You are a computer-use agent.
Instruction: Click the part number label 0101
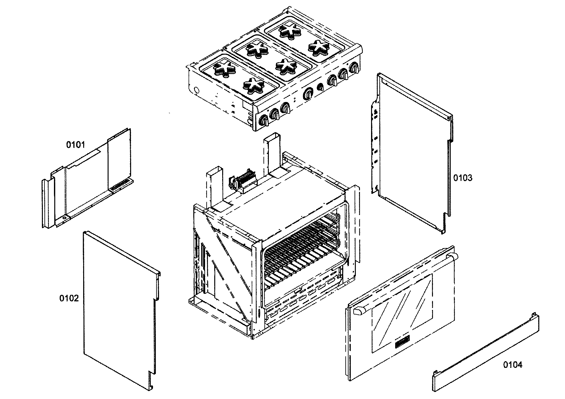[76, 145]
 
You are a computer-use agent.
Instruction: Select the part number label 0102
[69, 298]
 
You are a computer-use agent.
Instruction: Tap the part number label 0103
[462, 178]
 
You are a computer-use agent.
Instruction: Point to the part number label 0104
[512, 365]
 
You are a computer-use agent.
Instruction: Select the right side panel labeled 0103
[413, 152]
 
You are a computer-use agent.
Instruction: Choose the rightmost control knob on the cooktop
[354, 68]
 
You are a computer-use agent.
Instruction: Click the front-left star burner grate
[253, 85]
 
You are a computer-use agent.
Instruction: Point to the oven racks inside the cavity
[302, 251]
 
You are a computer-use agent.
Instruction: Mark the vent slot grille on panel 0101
[121, 184]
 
